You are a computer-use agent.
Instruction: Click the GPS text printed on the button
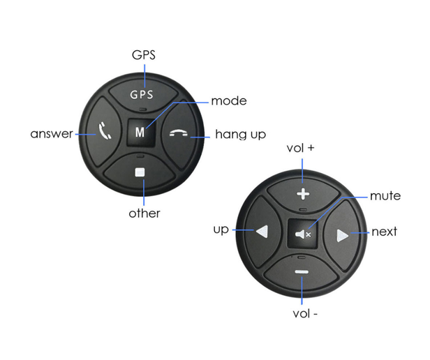pos(142,95)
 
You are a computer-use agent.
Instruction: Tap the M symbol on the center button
pos(140,132)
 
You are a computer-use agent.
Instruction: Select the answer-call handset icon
pos(105,130)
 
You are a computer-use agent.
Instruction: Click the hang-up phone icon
pos(179,133)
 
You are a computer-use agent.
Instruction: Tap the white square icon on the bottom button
pos(140,172)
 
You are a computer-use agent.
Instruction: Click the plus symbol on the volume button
pos(303,194)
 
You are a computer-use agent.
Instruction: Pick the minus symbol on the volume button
pos(302,272)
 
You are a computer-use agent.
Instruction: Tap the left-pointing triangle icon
pos(262,232)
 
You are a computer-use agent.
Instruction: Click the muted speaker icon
pos(303,234)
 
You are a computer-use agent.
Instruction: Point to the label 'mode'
pos(229,101)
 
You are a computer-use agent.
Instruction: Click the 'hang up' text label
pos(241,135)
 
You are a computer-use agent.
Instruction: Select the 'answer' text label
pos(52,134)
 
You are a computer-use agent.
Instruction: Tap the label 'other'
pos(144,213)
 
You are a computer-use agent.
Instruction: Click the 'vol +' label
pos(300,148)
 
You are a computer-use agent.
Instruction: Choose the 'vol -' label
pos(305,314)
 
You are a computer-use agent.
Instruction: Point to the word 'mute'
pos(385,196)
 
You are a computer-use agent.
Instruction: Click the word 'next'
pos(384,232)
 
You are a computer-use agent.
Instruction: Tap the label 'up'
pos(221,230)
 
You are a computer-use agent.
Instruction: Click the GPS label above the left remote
pos(144,55)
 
